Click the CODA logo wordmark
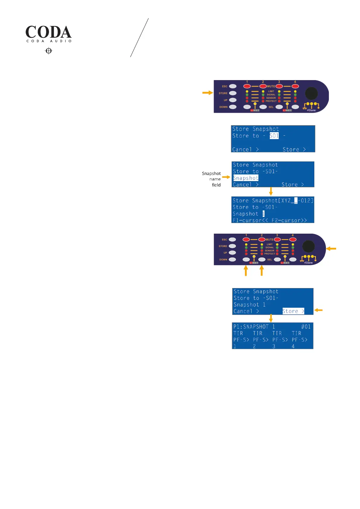48,32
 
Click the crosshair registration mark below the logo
49,51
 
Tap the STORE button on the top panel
233,93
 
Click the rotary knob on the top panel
311,93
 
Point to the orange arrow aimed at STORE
208,93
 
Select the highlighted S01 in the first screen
274,136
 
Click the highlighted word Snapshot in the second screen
246,178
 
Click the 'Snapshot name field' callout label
212,179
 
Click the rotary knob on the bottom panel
309,246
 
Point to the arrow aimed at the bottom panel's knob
331,248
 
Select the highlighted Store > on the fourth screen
293,311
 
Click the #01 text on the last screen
306,327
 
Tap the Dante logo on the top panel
311,110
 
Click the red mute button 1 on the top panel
247,86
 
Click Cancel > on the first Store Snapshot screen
245,149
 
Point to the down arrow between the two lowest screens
271,318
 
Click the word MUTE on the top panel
271,86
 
